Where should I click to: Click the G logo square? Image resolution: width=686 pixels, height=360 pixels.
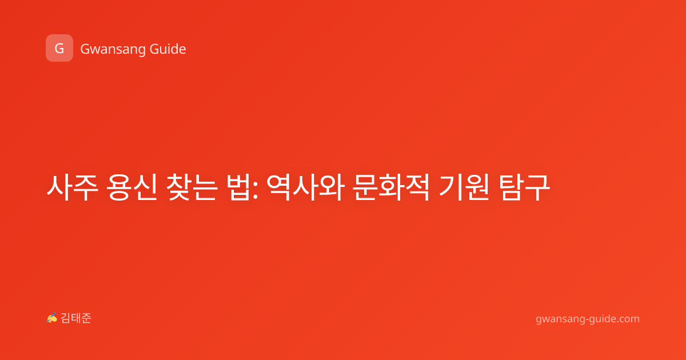[59, 48]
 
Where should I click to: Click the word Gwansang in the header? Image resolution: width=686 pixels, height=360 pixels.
[113, 50]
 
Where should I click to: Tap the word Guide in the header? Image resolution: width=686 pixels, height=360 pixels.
[168, 49]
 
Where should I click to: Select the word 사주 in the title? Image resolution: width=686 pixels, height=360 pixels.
[72, 187]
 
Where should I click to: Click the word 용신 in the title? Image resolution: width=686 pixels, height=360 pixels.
[132, 187]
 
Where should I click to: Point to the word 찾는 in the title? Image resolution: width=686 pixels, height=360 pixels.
[192, 187]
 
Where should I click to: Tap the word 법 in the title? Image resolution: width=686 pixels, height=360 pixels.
[238, 187]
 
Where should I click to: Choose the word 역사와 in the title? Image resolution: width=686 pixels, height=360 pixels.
[305, 187]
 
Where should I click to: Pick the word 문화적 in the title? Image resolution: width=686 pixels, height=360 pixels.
[391, 187]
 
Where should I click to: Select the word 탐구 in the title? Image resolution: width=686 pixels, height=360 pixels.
[524, 187]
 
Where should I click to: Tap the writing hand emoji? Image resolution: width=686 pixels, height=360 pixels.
[52, 318]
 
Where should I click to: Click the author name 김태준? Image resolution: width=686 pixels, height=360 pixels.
[76, 318]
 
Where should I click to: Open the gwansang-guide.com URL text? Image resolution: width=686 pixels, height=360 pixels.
[588, 319]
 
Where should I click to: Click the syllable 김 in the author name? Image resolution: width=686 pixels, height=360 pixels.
[66, 318]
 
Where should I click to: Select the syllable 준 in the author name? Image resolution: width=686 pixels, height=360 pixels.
[86, 318]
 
